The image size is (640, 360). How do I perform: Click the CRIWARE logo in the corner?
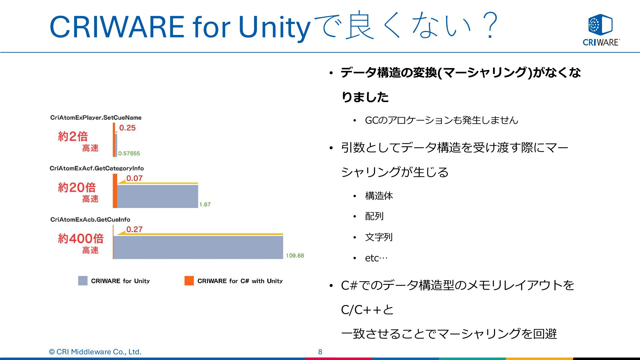tap(601, 30)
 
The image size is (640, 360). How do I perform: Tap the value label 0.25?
tap(127, 128)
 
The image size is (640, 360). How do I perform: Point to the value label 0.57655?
tap(129, 153)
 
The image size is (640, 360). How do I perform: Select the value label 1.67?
tap(205, 204)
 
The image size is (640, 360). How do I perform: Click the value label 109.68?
tap(295, 256)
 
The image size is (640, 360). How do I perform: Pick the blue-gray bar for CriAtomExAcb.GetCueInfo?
tap(198, 247)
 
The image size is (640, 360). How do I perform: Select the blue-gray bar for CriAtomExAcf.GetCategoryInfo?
tap(158, 196)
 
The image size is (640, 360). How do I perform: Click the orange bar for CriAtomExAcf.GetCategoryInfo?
tap(115, 191)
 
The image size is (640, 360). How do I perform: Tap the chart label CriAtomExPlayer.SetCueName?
tap(96, 118)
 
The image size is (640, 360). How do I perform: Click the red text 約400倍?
tap(81, 238)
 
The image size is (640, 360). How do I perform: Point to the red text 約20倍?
tap(77, 187)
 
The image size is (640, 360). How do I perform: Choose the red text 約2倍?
tap(73, 136)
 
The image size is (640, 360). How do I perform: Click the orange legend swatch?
tap(189, 281)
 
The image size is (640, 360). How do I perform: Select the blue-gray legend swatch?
tap(83, 281)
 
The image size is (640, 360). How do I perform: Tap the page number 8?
tap(320, 352)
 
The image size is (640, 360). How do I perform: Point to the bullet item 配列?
tap(374, 216)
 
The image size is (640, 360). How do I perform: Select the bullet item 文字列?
tap(379, 237)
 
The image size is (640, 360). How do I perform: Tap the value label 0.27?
tap(134, 229)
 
